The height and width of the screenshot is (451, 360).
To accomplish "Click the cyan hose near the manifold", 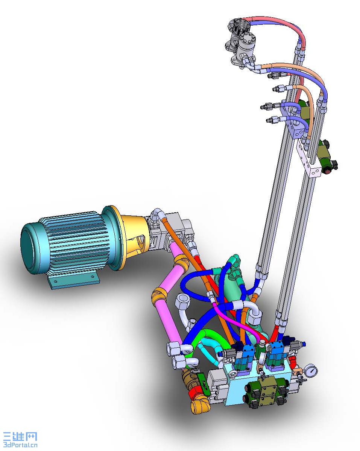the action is pyautogui.click(x=210, y=352).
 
